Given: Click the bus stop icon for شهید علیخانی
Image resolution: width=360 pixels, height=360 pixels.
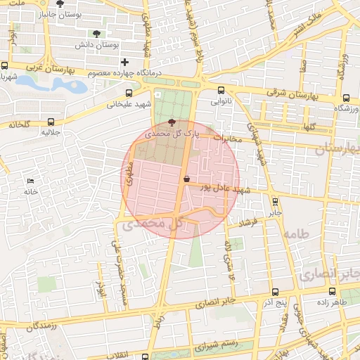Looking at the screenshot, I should (128, 93).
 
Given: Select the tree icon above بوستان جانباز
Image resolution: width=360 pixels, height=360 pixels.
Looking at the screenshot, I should (59, 4).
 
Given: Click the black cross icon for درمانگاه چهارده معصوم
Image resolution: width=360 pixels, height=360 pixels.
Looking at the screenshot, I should (124, 62).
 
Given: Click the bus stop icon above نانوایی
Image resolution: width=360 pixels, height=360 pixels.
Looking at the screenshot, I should (221, 90).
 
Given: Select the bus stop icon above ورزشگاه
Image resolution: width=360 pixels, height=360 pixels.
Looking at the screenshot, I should (345, 98).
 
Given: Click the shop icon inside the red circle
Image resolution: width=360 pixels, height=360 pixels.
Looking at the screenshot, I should (186, 179).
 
